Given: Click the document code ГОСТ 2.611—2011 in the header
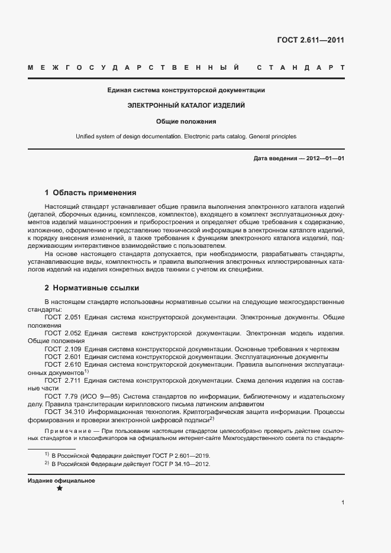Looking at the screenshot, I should pyautogui.click(x=311, y=40).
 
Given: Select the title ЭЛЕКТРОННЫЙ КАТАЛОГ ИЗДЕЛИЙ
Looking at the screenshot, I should pyautogui.click(x=186, y=105).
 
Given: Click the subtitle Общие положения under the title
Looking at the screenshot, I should pyautogui.click(x=186, y=121).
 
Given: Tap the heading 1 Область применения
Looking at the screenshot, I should pyautogui.click(x=91, y=193).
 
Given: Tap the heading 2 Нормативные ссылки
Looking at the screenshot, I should pyautogui.click(x=92, y=289).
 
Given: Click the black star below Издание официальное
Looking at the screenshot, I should pyautogui.click(x=59, y=489).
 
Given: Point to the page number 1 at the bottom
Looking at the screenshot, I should pyautogui.click(x=343, y=503).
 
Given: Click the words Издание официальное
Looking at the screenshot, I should pyautogui.click(x=62, y=480).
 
